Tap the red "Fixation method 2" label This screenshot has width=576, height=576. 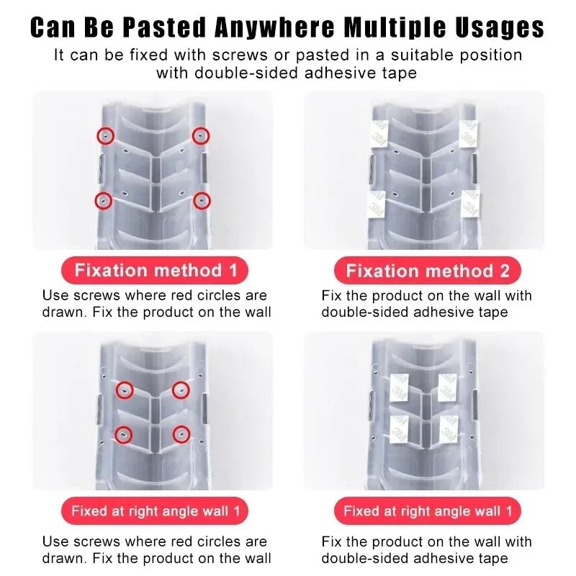pos(428,271)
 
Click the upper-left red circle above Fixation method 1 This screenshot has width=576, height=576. pos(106,135)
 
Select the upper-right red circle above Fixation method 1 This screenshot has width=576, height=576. pos(201,135)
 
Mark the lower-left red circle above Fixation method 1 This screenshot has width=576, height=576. pos(104,199)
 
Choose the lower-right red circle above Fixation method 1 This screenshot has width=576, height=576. pos(202,200)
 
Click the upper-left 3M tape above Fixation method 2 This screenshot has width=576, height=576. pos(378,132)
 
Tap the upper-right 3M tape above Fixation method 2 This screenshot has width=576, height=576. pos(469,132)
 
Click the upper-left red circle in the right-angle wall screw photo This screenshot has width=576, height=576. pos(125,390)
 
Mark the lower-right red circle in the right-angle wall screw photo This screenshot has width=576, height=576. pos(181,434)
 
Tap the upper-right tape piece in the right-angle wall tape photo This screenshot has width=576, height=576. pos(447,387)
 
